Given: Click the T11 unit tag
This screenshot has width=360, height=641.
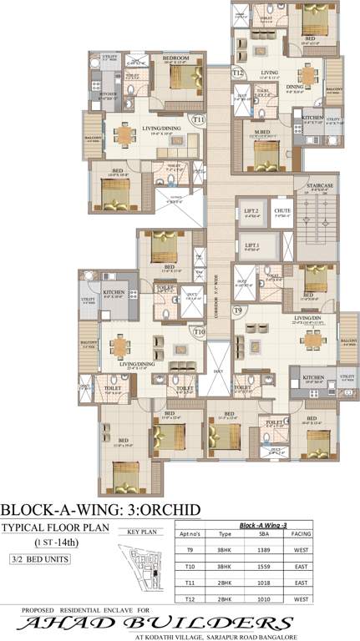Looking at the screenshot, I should point(198,120).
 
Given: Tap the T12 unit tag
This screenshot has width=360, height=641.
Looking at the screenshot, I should point(238,73).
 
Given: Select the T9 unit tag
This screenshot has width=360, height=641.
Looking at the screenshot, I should point(238,310).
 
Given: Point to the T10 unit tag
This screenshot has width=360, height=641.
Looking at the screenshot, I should point(199,332).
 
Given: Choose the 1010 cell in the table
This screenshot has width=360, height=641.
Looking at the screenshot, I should point(260,602).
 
